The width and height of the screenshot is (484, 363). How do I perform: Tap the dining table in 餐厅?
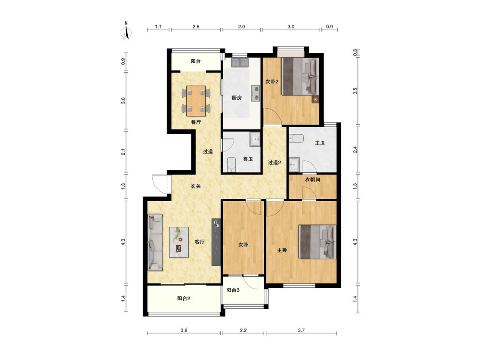[196, 101]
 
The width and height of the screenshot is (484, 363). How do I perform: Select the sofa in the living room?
[155, 242]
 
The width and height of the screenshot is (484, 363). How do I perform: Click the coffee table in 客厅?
[179, 242]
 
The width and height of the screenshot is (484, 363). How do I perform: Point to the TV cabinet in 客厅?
[216, 242]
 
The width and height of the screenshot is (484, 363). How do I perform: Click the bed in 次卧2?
[300, 77]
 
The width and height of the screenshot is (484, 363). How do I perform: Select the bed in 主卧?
[318, 242]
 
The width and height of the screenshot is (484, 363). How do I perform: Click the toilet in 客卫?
[231, 165]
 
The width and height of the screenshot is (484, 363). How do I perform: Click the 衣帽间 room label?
[313, 180]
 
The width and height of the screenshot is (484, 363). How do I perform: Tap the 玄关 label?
[196, 186]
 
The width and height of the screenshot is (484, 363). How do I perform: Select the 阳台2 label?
[184, 298]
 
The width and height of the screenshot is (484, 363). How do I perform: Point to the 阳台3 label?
[233, 290]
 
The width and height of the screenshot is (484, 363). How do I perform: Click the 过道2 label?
[274, 163]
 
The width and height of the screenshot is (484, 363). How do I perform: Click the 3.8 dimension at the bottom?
[184, 330]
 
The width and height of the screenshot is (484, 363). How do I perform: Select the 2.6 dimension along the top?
[196, 27]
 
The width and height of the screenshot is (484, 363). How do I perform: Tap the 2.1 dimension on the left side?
[123, 152]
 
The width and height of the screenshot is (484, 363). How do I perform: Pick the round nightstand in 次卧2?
[315, 99]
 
